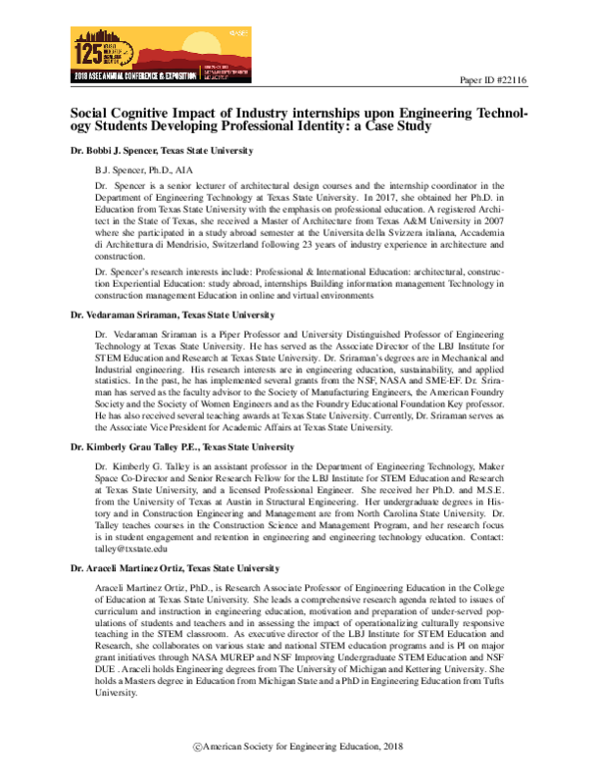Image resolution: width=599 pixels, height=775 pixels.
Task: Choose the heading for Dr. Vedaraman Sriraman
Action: point(165,315)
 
